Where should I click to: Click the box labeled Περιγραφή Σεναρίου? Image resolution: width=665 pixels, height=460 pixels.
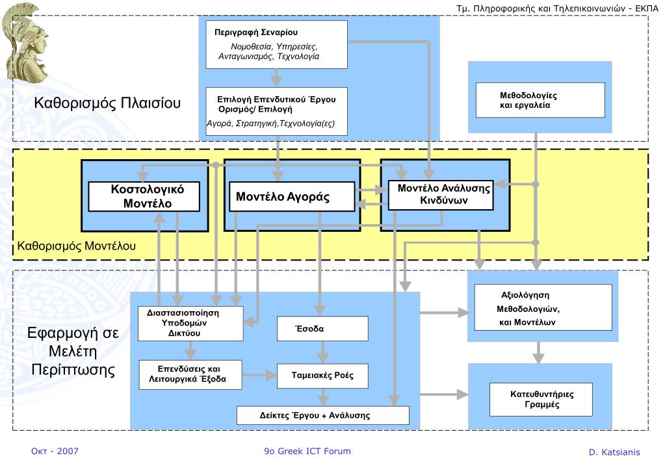click(276, 45)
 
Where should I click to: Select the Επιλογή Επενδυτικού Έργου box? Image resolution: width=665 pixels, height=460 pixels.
click(276, 112)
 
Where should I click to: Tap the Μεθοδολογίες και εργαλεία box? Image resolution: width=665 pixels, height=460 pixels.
click(540, 100)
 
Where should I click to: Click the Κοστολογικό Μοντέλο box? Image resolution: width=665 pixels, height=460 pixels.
click(144, 196)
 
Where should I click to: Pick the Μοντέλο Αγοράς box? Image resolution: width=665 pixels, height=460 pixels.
click(292, 196)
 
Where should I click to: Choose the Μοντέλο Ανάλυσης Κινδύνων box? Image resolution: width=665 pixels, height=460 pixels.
click(441, 195)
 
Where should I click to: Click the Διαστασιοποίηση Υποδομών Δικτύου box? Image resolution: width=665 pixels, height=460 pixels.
click(191, 324)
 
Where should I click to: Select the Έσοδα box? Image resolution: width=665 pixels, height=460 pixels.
click(322, 329)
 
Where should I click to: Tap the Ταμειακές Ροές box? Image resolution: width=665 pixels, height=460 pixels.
click(322, 376)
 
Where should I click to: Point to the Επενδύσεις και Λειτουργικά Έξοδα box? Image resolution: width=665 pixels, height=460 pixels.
click(190, 375)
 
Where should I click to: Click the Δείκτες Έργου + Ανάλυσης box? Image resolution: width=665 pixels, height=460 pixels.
click(322, 415)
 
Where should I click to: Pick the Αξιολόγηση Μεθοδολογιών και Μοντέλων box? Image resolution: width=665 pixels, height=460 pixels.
click(543, 307)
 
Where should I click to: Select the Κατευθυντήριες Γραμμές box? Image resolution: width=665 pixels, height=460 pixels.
click(541, 400)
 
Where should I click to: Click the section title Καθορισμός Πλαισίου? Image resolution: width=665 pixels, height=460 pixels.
click(107, 103)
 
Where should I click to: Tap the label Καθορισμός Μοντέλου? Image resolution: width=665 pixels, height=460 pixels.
click(76, 246)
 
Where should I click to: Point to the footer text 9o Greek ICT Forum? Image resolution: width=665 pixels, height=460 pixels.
click(307, 451)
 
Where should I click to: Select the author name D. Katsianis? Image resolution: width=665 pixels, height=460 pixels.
click(614, 452)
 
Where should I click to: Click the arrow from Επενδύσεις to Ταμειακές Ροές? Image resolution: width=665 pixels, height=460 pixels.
click(259, 375)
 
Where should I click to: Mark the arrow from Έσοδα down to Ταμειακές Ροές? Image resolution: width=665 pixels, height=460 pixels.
click(322, 352)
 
